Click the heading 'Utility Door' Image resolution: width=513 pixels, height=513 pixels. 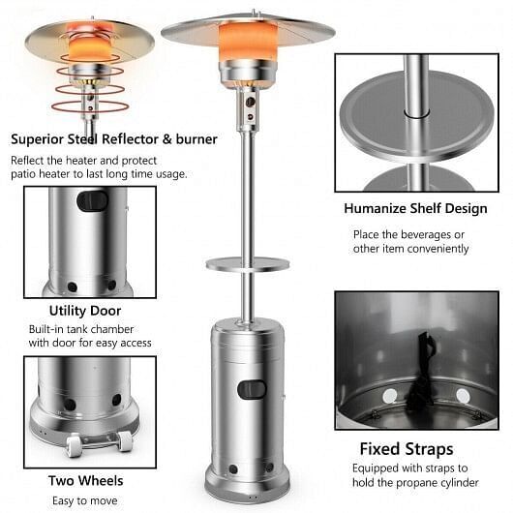tap(85, 311)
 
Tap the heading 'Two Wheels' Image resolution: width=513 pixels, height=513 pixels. tap(86, 481)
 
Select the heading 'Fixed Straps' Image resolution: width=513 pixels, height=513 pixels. tap(407, 449)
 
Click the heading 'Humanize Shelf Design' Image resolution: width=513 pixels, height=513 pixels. tap(415, 209)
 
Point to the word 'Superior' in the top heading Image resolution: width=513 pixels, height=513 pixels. tap(37, 139)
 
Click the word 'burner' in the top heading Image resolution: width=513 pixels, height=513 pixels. tap(196, 139)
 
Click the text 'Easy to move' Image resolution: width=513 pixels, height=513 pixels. tap(85, 500)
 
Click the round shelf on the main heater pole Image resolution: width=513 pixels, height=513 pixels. tap(248, 263)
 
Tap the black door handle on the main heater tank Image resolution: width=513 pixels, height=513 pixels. tap(252, 389)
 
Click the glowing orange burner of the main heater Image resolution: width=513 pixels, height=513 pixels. tap(248, 41)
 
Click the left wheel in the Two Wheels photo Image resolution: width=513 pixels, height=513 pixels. tap(74, 445)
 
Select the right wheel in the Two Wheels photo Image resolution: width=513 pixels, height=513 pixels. tap(125, 441)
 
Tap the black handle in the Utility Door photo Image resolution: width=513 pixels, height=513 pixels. tap(92, 200)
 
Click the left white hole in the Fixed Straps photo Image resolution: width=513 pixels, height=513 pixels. tap(390, 396)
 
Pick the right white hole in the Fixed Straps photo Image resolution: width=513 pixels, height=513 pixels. tap(463, 396)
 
